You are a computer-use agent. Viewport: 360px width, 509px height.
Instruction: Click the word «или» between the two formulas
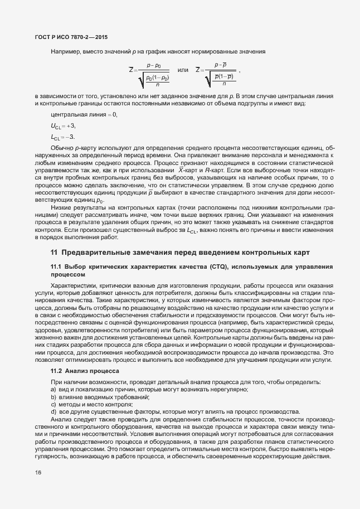(182, 70)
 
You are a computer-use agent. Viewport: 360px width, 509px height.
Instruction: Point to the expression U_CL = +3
(62, 126)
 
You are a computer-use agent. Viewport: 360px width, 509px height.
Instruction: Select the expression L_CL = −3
(62, 137)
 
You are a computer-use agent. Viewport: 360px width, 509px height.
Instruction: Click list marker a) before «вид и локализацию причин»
(53, 389)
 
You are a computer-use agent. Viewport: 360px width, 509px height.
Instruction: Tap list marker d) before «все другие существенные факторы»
(53, 411)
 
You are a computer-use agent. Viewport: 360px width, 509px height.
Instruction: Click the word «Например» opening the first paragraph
(65, 52)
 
